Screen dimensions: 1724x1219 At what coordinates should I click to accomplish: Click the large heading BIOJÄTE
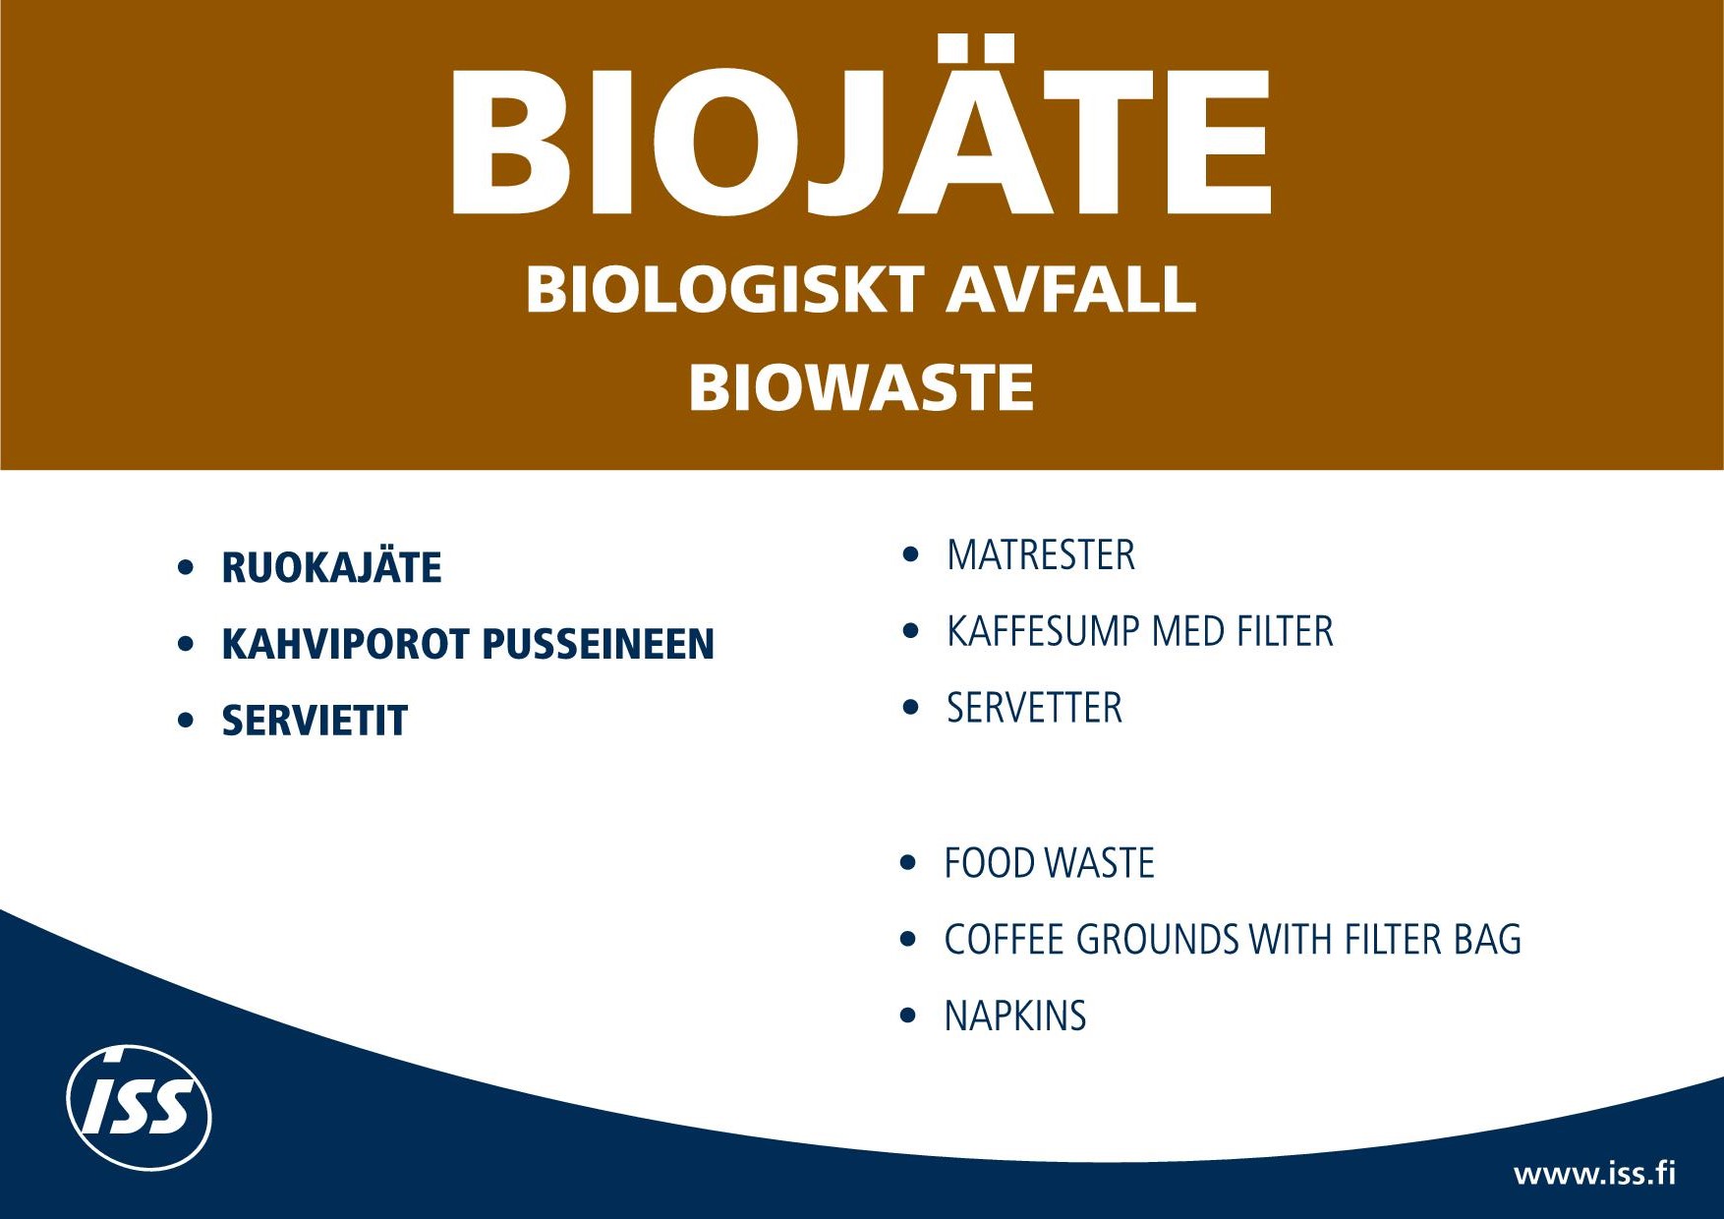[861, 126]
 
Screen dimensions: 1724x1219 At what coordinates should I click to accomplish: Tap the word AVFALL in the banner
[1071, 289]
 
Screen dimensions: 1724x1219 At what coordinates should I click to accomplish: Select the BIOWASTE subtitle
[861, 387]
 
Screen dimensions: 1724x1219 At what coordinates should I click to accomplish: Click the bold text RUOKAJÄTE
[331, 567]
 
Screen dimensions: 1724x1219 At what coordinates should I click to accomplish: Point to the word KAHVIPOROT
[345, 644]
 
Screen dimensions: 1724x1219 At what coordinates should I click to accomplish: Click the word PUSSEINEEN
[598, 644]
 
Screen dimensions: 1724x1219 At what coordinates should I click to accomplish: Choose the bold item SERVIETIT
[315, 721]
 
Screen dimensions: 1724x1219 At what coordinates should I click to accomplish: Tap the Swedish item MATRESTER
[1041, 555]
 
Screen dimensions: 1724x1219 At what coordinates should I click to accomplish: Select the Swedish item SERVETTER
[1034, 708]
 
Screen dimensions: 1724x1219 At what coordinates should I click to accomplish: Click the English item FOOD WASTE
[1049, 863]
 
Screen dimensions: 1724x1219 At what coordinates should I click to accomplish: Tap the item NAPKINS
[1015, 1016]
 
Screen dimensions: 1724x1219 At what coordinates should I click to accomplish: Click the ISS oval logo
[139, 1107]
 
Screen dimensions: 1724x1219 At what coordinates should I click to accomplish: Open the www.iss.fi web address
[1594, 1174]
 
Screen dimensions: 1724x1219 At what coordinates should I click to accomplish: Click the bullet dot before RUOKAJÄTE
[186, 567]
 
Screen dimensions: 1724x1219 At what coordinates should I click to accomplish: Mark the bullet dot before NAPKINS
[908, 1016]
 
